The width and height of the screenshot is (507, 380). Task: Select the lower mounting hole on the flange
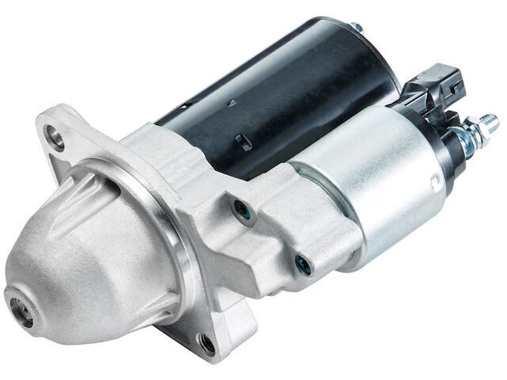208,342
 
